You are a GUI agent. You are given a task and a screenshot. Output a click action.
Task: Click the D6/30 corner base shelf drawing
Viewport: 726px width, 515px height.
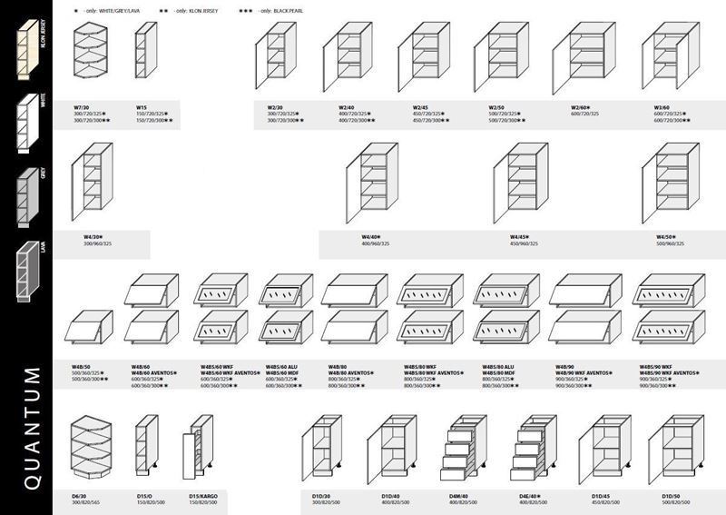(90, 449)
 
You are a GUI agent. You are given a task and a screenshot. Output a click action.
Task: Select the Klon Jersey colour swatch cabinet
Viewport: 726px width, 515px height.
(25, 50)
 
